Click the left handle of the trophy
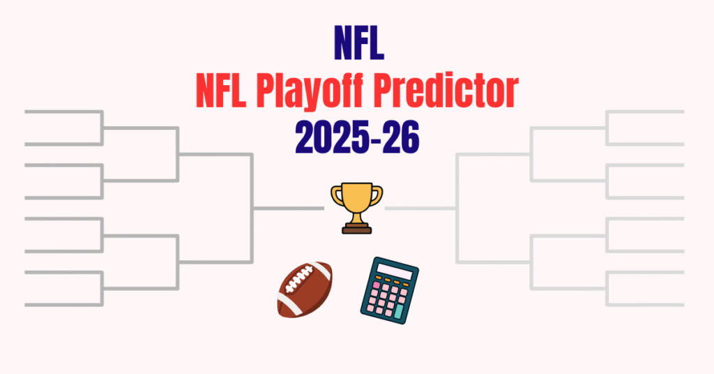coord(336,195)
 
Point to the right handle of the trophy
coord(377,195)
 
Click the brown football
coord(305,289)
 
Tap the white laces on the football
coord(298,283)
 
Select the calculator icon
coord(389,288)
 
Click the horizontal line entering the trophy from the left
coord(289,209)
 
